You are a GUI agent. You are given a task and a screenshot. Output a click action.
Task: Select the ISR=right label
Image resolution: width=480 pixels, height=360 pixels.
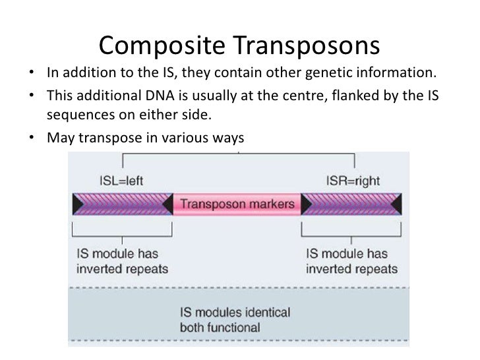pos(353,181)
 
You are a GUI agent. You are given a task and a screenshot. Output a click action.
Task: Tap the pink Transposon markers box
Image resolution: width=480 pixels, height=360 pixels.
pos(237,204)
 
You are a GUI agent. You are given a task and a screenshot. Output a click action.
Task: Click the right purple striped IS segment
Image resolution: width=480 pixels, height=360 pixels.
pos(351,204)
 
